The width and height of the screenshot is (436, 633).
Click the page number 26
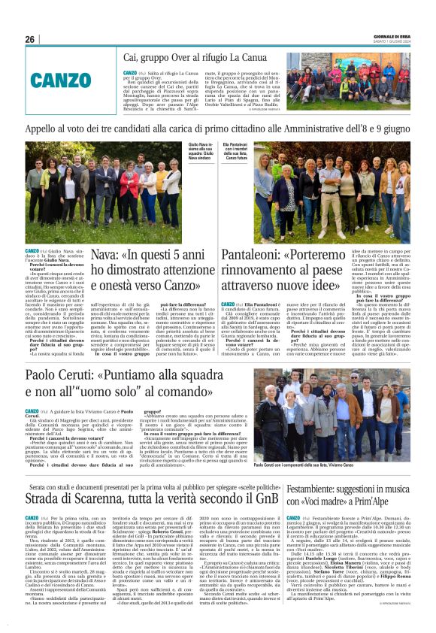[x=29, y=39]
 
